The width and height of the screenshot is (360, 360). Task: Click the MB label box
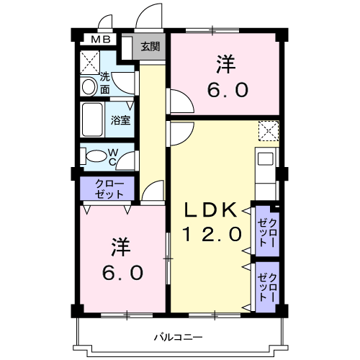click(99, 40)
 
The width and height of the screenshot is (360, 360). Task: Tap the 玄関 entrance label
click(150, 48)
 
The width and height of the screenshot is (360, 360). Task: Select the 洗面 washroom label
click(105, 83)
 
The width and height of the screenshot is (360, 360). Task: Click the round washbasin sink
click(89, 86)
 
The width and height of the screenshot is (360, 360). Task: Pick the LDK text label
click(210, 210)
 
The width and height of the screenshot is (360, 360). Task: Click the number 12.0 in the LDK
click(210, 234)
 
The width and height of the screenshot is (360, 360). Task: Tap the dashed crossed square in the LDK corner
click(269, 131)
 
